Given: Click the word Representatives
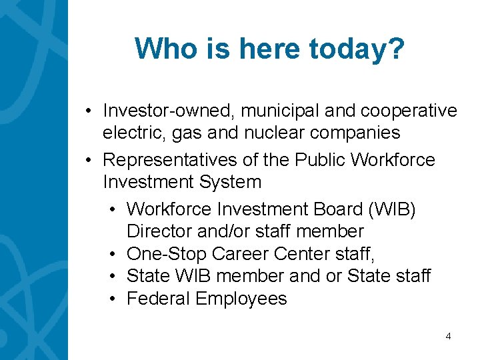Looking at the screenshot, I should tap(169, 160).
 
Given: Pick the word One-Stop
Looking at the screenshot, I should tap(166, 254).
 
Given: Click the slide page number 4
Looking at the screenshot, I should tap(448, 337).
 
